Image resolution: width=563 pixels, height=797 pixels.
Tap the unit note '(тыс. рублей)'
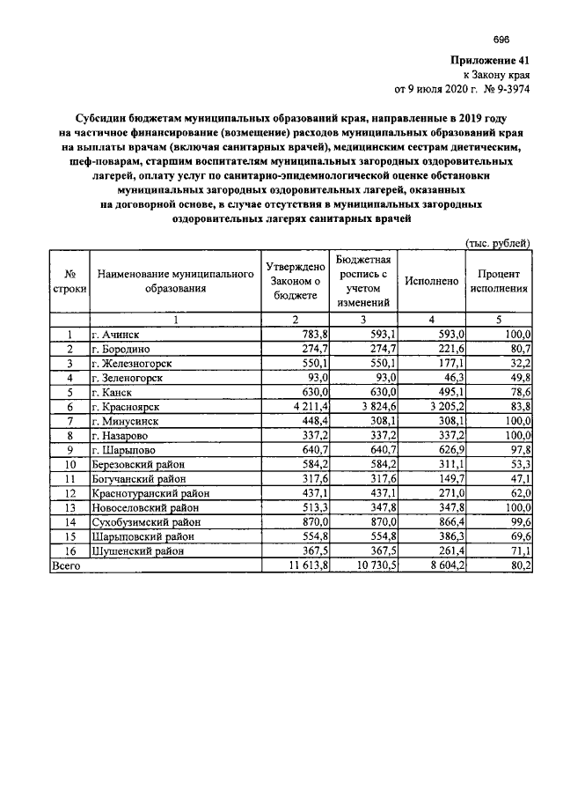[497, 242]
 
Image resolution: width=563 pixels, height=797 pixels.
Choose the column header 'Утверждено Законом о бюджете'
[295, 281]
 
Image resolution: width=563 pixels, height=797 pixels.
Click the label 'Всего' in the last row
[67, 566]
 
